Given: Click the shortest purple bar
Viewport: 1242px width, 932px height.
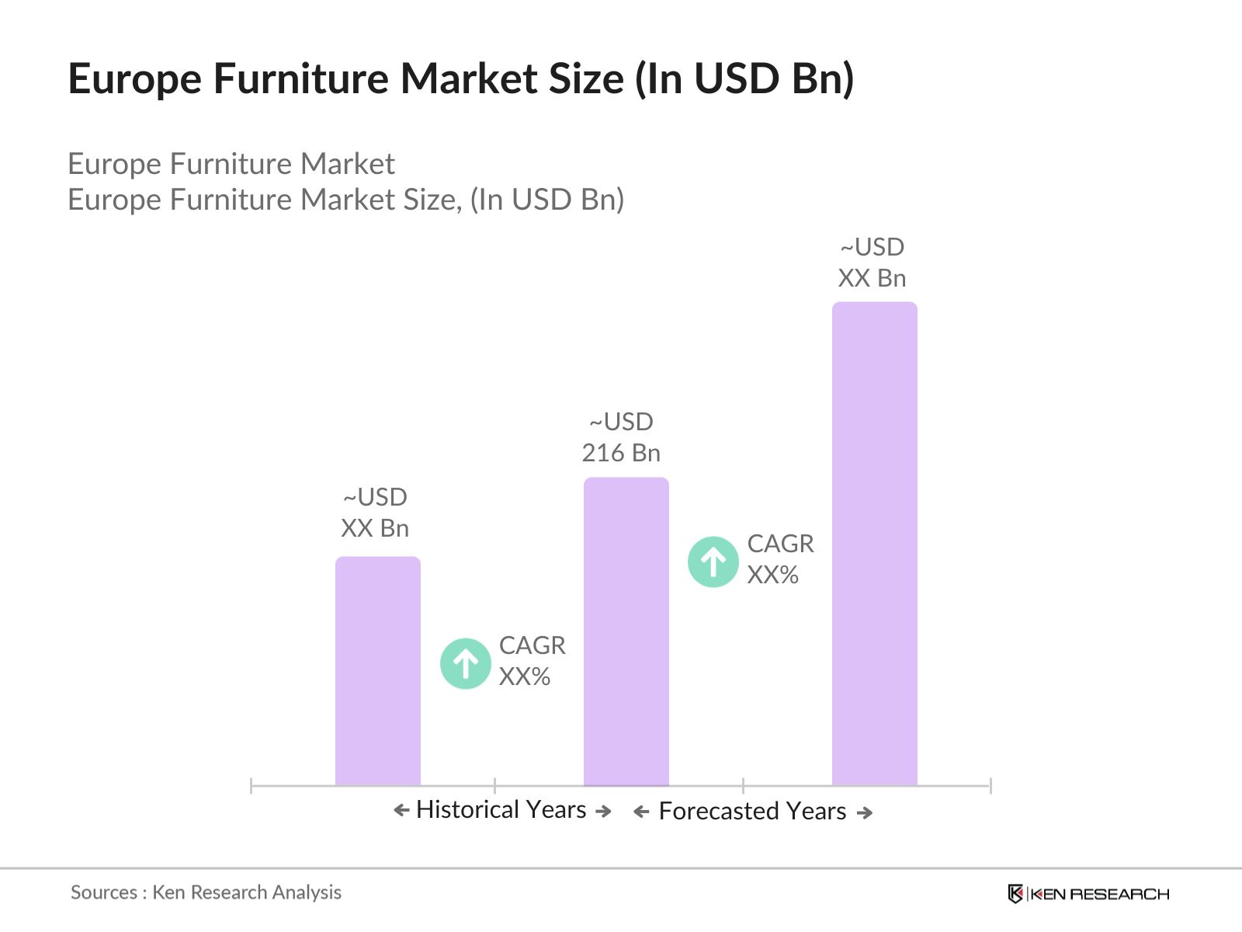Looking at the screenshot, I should click(377, 672).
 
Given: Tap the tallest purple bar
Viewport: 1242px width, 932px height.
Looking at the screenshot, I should click(874, 544).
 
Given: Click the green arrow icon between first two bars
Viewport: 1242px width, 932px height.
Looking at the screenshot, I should click(466, 663).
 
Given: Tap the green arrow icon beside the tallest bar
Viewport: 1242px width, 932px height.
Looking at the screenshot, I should click(713, 562).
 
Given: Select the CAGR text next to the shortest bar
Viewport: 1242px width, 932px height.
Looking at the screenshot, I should click(532, 645).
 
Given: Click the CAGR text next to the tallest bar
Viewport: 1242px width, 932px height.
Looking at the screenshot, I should click(780, 544).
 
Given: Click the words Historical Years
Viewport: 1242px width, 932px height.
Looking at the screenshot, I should click(501, 810).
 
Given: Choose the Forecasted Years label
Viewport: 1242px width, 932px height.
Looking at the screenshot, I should click(752, 812).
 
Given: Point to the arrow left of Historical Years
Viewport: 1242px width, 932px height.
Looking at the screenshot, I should click(401, 811).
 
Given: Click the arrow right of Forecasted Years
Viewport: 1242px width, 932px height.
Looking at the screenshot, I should click(865, 812).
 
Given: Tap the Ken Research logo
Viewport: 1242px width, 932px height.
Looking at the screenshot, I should click(1088, 894).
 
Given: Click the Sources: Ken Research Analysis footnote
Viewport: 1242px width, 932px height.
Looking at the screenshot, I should click(206, 892).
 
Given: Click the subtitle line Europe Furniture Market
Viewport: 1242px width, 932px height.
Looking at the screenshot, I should click(231, 164).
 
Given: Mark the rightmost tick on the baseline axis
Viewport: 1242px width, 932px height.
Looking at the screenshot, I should click(990, 786).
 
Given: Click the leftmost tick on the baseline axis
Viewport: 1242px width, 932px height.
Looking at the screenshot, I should click(252, 786).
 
